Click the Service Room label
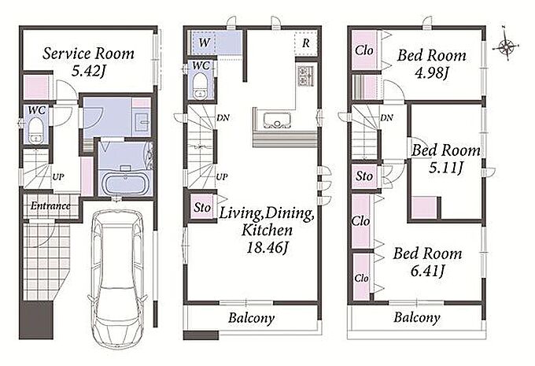coord(88,54)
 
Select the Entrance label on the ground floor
coord(50,206)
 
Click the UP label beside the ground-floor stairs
coord(58,177)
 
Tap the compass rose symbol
coord(506,46)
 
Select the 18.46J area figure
coord(267,247)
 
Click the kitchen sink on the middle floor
coord(277,120)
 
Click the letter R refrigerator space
coord(306,43)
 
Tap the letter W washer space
coord(204,43)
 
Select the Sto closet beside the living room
coord(202,207)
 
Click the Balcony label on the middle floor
coord(252,318)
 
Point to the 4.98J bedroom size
coord(431,72)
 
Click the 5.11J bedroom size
coord(445,168)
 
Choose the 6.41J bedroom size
coord(427,271)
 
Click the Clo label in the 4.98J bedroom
coord(364,50)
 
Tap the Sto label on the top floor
coord(364,176)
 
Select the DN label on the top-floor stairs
coord(386,118)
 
